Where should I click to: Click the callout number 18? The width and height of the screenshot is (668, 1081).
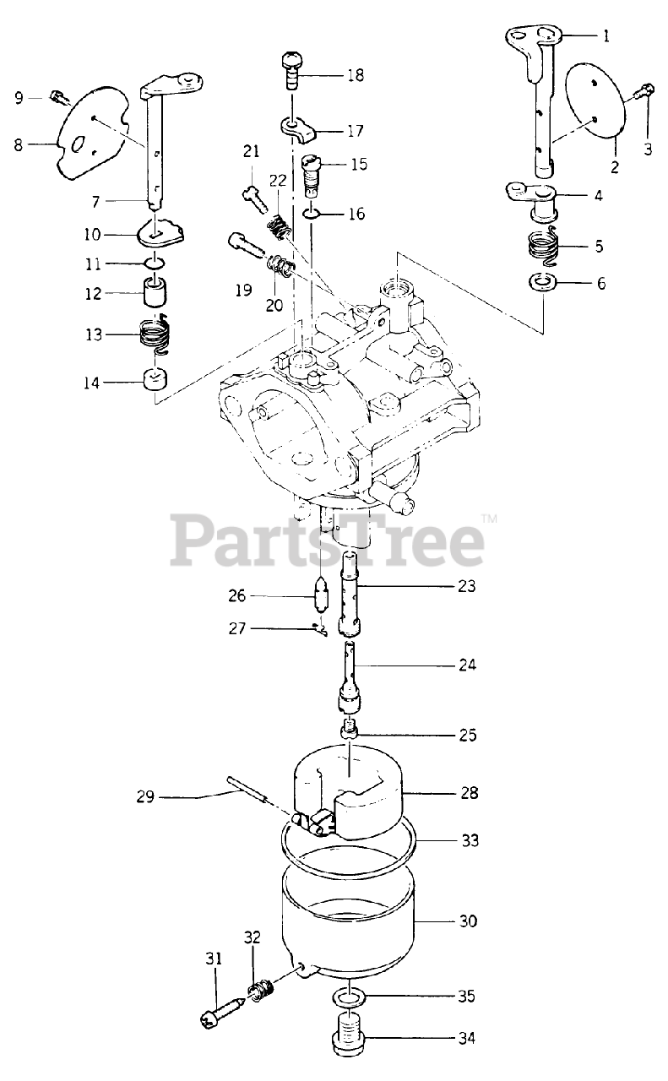coord(355,75)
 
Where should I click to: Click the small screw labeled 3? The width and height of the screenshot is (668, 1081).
coord(646,89)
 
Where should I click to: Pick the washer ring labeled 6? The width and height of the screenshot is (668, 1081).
coord(542,282)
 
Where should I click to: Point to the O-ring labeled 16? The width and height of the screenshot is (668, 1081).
coord(311,214)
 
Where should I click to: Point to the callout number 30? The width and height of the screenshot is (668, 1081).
coord(467,921)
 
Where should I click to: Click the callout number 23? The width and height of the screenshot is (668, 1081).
coord(467,585)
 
